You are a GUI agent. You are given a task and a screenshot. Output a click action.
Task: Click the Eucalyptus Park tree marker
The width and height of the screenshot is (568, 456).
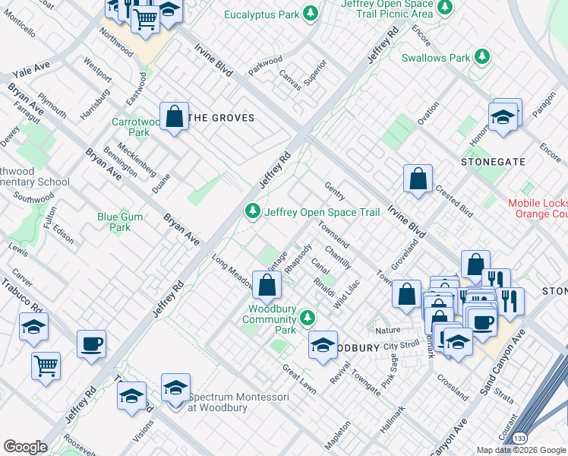pos(310,13)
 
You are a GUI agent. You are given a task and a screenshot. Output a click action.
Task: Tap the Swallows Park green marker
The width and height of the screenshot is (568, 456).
pos(481,57)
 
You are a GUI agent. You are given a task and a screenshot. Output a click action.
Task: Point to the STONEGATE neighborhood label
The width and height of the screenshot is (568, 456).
pos(492,162)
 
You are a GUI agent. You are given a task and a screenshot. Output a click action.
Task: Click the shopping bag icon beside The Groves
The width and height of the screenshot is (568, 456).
pos(175,118)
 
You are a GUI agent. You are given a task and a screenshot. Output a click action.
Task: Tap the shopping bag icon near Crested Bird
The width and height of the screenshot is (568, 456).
pos(418,180)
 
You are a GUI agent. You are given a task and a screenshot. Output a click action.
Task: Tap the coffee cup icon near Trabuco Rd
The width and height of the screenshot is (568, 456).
pos(91,344)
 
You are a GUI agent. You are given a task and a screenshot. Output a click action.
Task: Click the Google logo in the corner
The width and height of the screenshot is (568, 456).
pos(25,447)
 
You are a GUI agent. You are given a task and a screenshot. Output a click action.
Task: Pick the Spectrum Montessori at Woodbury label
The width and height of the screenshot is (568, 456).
pos(224,402)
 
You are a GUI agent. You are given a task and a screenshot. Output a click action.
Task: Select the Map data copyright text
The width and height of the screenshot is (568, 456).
pos(521,450)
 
